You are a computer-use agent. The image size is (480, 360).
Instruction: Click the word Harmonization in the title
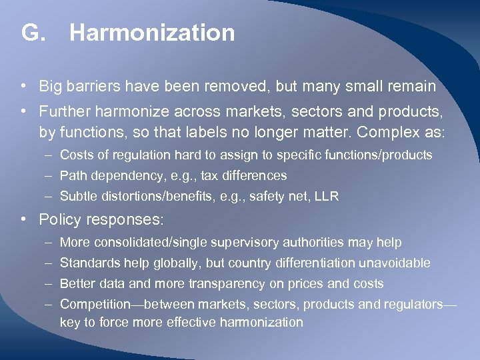pos(152,33)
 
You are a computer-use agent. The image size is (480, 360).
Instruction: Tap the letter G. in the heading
pos(33,33)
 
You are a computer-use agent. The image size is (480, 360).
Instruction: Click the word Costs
pos(76,155)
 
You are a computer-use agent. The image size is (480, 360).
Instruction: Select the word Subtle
pos(78,197)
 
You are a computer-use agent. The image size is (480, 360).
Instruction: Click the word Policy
pos(58,219)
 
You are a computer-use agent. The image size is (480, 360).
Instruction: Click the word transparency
pos(227,284)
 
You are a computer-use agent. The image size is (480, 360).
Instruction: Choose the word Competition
pos(95,305)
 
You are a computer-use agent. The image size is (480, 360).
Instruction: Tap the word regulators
pos(413,305)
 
